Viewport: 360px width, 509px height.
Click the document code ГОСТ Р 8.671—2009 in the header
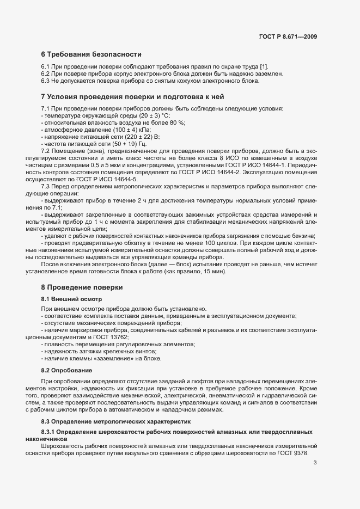[x=288, y=36]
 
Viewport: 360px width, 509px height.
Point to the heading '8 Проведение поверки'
[x=82, y=287]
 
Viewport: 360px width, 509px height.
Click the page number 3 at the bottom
[x=315, y=479]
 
